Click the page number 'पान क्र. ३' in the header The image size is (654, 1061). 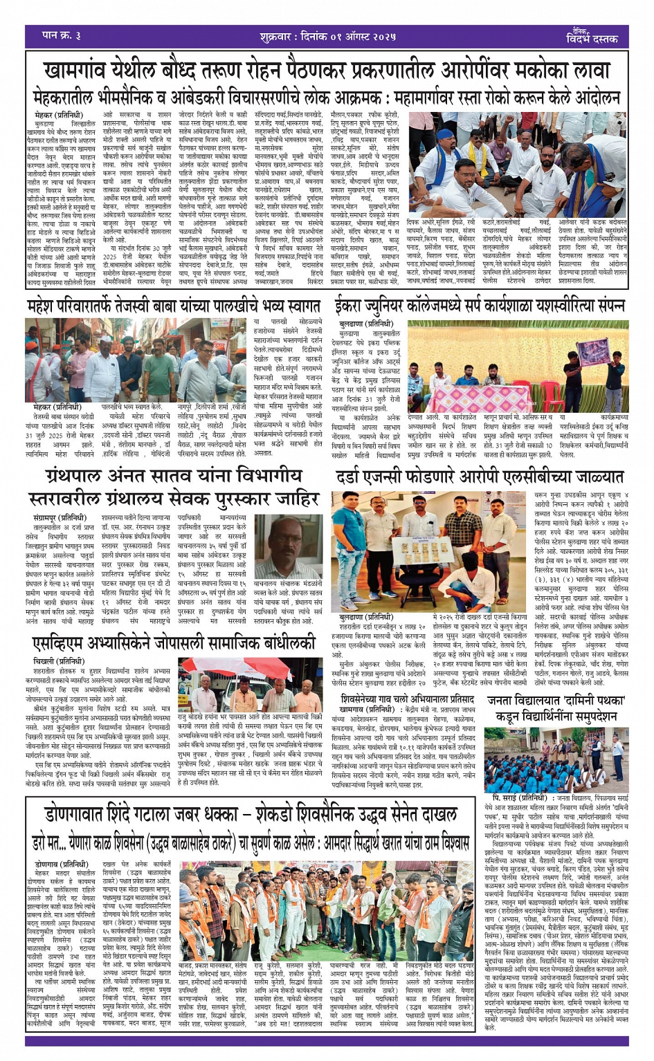tap(62, 35)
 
